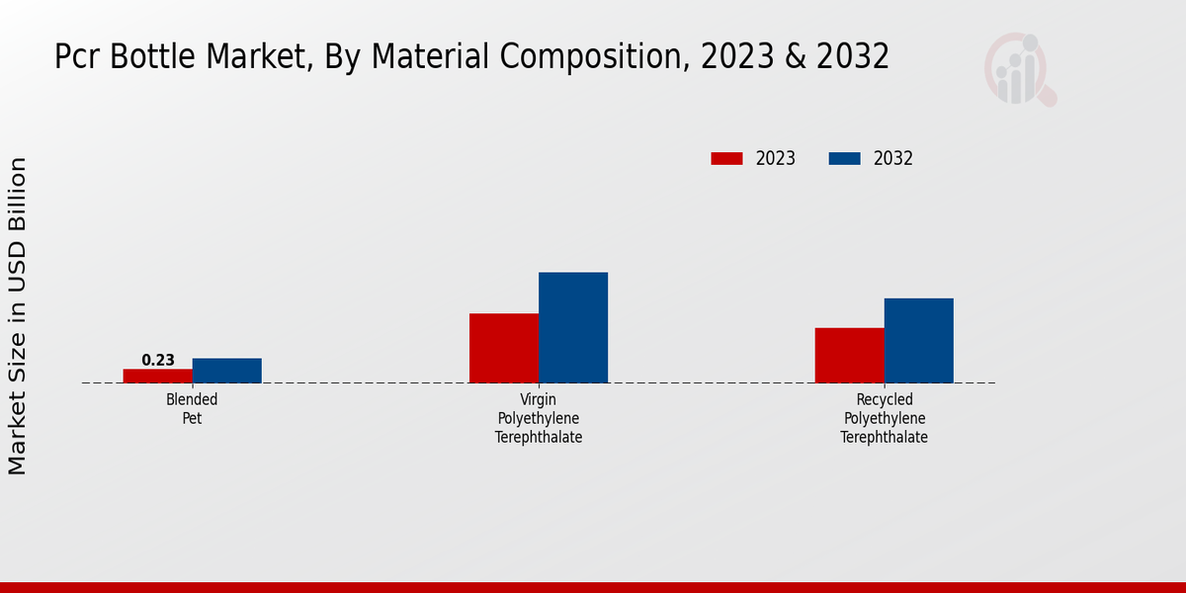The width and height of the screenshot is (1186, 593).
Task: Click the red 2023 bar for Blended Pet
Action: [x=158, y=376]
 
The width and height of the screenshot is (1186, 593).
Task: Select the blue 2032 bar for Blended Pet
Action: [x=227, y=371]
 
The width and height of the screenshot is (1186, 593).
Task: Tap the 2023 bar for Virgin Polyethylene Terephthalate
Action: [x=504, y=348]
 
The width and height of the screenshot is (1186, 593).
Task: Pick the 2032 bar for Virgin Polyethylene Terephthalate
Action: [x=573, y=327]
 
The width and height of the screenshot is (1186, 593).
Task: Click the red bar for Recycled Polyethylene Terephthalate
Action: [x=850, y=355]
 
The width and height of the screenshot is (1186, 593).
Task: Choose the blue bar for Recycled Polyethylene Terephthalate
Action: [x=919, y=340]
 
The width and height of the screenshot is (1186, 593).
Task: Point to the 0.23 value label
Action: [x=158, y=361]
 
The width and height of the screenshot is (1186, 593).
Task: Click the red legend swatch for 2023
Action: [x=726, y=158]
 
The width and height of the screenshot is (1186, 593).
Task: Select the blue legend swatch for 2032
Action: [x=844, y=158]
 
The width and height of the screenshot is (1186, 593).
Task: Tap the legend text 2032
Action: [x=893, y=158]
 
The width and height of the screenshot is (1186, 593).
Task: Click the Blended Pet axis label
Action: [x=192, y=408]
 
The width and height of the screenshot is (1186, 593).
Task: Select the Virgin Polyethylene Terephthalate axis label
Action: [x=539, y=418]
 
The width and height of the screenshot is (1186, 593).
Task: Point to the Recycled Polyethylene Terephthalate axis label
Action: [x=885, y=418]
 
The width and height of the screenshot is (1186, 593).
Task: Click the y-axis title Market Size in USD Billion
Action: [x=18, y=316]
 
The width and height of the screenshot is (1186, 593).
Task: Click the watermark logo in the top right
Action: [x=1019, y=69]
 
